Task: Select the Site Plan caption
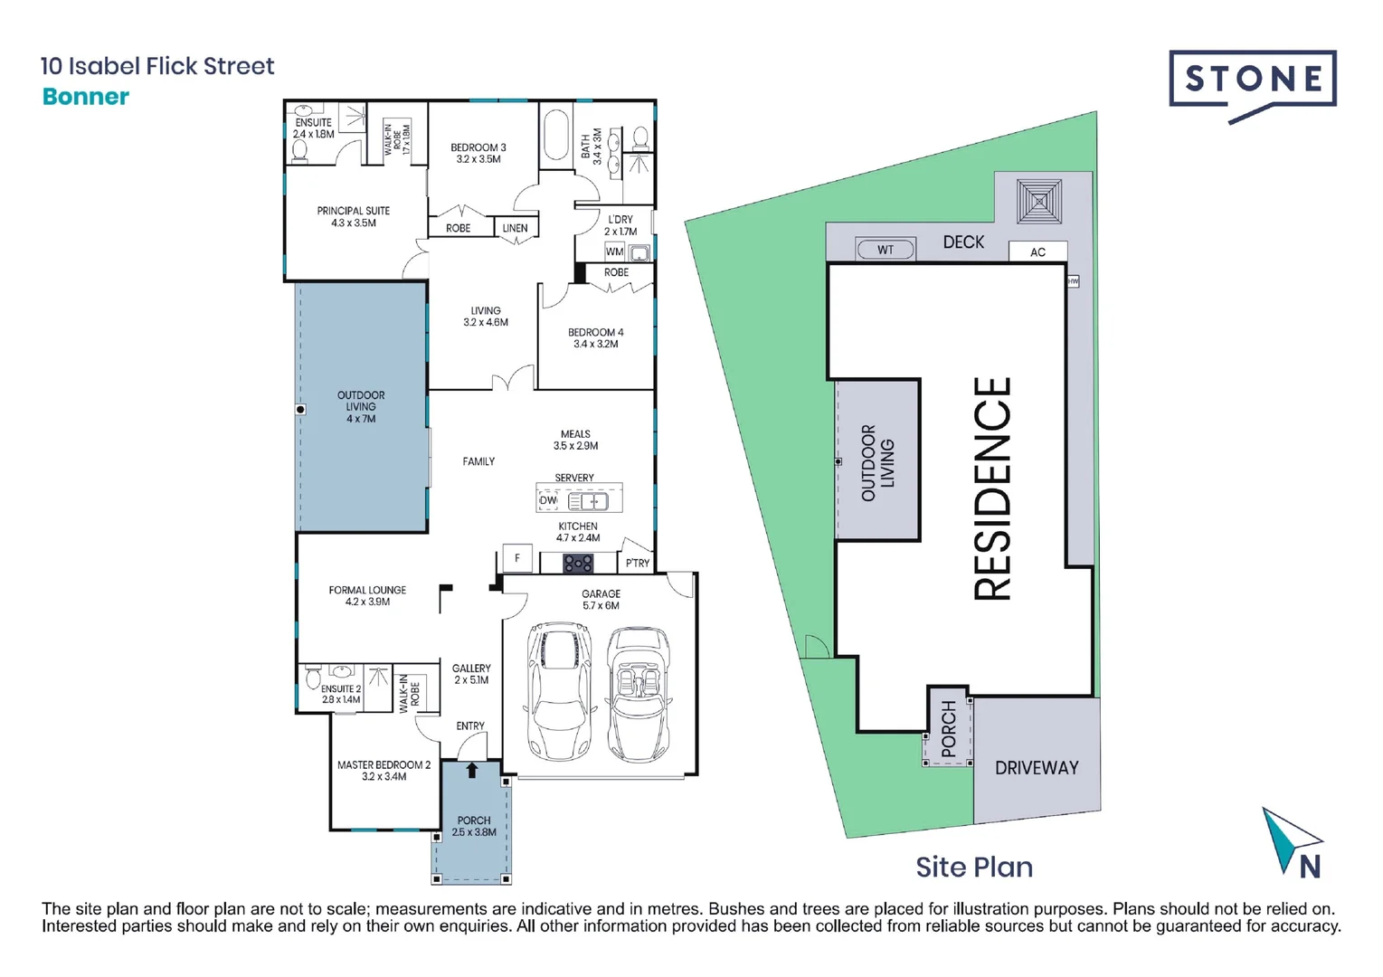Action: [973, 867]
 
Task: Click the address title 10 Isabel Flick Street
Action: [157, 66]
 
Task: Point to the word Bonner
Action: [86, 97]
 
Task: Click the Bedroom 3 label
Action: [478, 153]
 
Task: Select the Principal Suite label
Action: [353, 216]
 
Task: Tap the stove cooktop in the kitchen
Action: [578, 564]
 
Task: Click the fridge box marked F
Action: [517, 558]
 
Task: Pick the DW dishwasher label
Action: [548, 500]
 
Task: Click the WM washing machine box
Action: [615, 251]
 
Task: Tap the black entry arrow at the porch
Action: [471, 771]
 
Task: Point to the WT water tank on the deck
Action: [886, 250]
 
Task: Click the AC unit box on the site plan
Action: [1037, 251]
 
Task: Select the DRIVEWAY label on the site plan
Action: [1037, 768]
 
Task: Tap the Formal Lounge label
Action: [367, 595]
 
